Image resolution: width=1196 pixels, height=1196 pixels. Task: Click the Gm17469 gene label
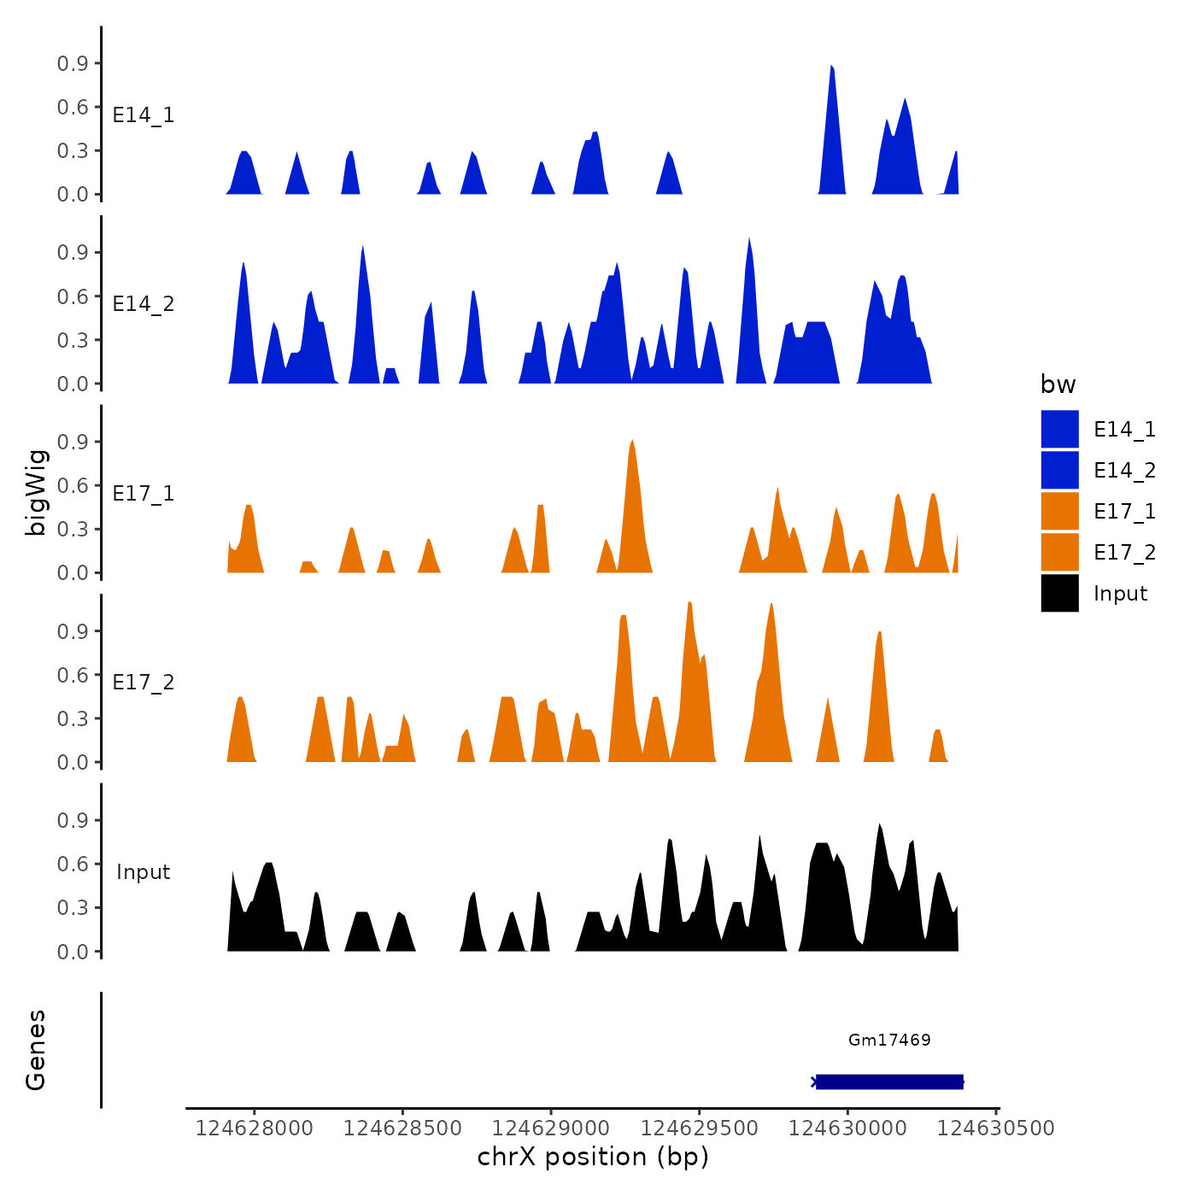coord(889,1040)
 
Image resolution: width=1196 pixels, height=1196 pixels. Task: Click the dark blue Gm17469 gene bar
coord(889,1082)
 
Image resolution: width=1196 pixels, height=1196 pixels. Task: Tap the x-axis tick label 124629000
coord(550,1128)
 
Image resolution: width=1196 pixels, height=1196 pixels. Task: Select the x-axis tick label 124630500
coord(996,1128)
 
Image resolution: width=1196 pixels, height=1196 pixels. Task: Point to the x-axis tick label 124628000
coord(254,1128)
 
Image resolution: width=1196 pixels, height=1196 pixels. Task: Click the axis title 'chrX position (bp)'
coord(593,1157)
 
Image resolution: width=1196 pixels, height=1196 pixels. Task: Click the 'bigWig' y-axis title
coord(37,492)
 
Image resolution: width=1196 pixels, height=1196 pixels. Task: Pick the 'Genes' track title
coord(36,1050)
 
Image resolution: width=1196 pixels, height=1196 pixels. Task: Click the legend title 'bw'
coord(1058,384)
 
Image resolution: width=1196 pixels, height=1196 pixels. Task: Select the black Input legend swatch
coord(1059,593)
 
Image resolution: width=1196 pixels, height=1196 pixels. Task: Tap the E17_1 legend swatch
coord(1059,511)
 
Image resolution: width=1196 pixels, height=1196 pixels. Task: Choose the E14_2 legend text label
coord(1124,471)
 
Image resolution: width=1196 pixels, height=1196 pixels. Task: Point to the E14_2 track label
coord(144,304)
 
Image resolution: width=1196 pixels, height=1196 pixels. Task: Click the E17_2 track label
coord(144,683)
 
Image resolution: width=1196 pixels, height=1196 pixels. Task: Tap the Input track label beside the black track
coord(144,872)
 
